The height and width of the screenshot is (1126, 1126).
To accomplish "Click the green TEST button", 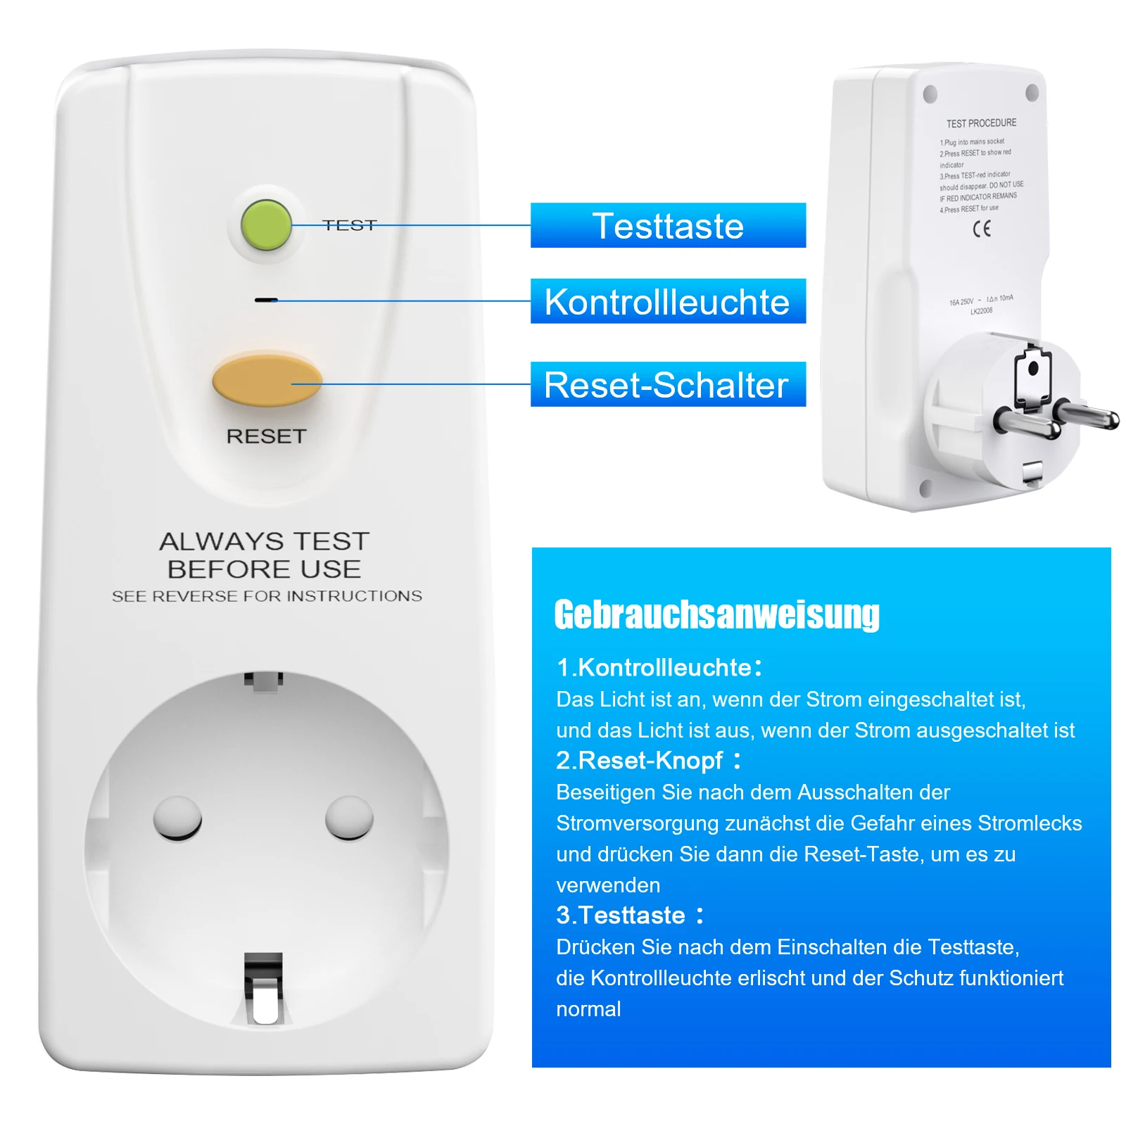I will pos(266,224).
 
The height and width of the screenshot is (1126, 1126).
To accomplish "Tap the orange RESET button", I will pos(267,381).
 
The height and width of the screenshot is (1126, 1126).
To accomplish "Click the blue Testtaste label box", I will pos(668,225).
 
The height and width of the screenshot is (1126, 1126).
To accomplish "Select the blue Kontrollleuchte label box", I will pos(668,301).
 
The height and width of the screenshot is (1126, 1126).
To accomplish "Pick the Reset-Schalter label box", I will pos(668,384).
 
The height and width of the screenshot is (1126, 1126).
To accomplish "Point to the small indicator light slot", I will pos(265,300).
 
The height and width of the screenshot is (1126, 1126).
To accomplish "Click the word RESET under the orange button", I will pos(266,436).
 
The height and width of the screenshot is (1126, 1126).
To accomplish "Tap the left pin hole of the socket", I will pos(177,818).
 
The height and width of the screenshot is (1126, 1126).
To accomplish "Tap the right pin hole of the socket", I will pos(349,818).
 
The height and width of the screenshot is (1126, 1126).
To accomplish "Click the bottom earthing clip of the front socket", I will pos(263,989).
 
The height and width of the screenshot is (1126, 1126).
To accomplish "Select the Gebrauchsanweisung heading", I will pos(716,614).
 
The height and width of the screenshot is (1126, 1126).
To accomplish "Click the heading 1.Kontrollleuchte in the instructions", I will pos(659,667).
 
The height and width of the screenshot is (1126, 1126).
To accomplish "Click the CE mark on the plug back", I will pos(982,228).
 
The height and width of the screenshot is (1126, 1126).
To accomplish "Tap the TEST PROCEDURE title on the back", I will pos(981,123).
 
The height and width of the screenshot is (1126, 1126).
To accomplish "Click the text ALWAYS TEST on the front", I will pos(265,541).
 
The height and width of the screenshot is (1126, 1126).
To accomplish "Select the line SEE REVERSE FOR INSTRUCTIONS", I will pos(267,596).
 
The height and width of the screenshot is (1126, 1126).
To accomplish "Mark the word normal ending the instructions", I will pos(588,1009).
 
